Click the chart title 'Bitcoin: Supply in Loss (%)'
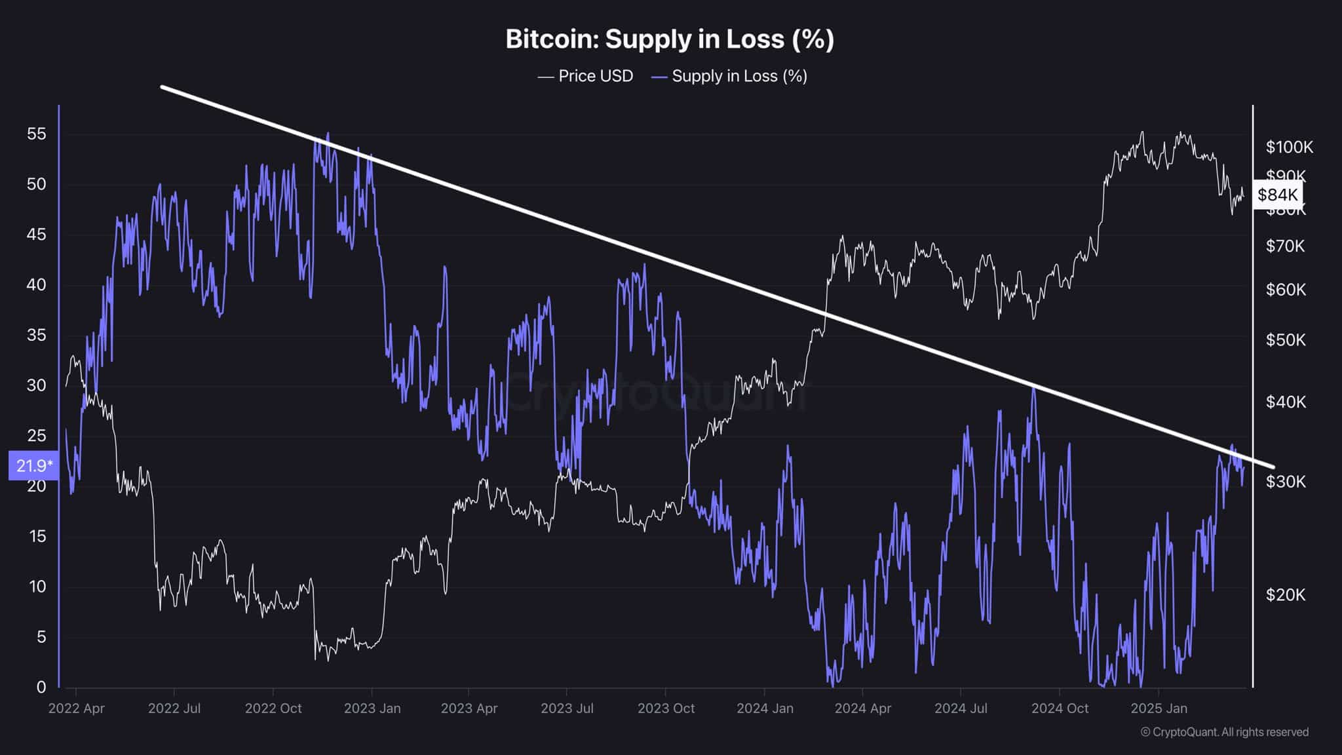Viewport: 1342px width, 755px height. pyautogui.click(x=670, y=39)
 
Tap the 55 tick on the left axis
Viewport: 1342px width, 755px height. pyautogui.click(x=37, y=134)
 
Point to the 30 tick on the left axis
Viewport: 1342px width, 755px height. pyautogui.click(x=37, y=385)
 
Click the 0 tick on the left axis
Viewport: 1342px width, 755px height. pyautogui.click(x=41, y=687)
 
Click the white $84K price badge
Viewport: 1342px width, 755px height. pyautogui.click(x=1277, y=195)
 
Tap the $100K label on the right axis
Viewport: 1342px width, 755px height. pyautogui.click(x=1289, y=147)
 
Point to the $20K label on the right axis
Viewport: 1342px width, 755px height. pyautogui.click(x=1286, y=594)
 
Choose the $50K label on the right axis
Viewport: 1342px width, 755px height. pyautogui.click(x=1286, y=340)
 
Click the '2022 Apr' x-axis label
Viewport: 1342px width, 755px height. pyautogui.click(x=76, y=708)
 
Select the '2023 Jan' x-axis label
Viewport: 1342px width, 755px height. pyautogui.click(x=372, y=708)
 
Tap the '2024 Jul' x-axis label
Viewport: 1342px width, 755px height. pyautogui.click(x=961, y=708)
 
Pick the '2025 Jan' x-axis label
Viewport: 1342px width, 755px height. pyautogui.click(x=1159, y=708)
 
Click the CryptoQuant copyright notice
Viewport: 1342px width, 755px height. pyautogui.click(x=1224, y=732)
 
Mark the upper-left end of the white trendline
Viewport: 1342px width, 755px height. pyautogui.click(x=162, y=87)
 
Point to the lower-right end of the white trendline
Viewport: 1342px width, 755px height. pyautogui.click(x=1273, y=467)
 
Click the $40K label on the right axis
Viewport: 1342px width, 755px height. pyautogui.click(x=1286, y=402)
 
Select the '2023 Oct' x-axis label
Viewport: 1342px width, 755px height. pyautogui.click(x=666, y=708)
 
